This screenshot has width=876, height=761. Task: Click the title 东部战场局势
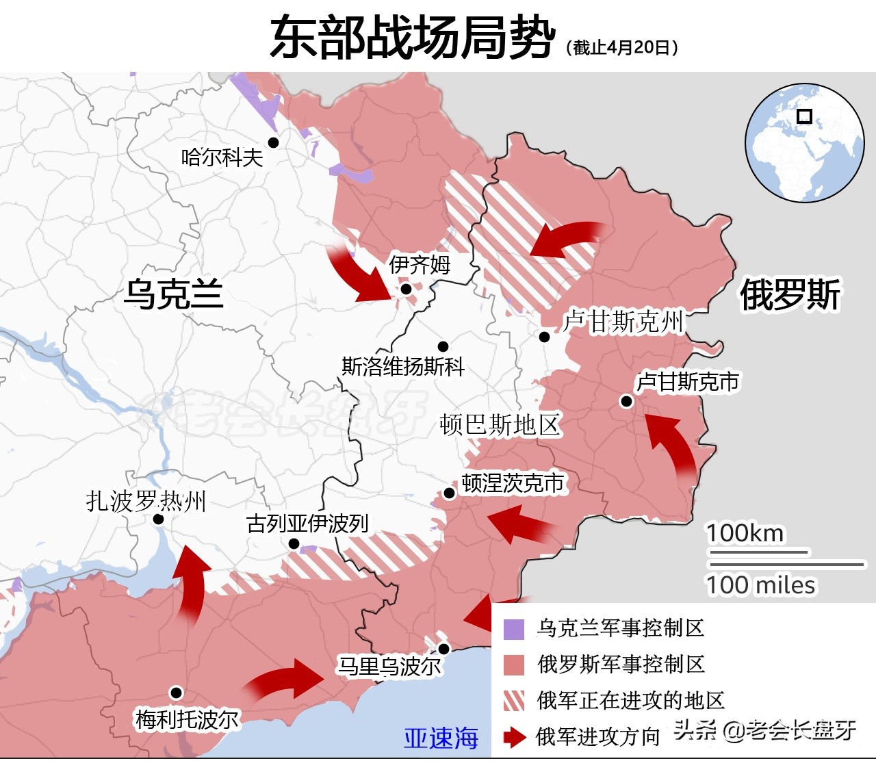pyautogui.click(x=412, y=37)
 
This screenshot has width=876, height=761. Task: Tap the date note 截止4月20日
pyautogui.click(x=622, y=47)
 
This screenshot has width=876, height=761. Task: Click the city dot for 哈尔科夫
pyautogui.click(x=273, y=142)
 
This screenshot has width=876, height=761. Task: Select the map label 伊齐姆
pyautogui.click(x=420, y=264)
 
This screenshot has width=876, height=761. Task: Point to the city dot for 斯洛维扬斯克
pyautogui.click(x=443, y=346)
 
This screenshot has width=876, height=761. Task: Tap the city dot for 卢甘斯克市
pyautogui.click(x=626, y=401)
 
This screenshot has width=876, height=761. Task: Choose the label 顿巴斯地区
pyautogui.click(x=500, y=425)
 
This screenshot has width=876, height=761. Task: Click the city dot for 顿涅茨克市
pyautogui.click(x=450, y=493)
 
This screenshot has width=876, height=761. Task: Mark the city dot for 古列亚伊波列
pyautogui.click(x=294, y=544)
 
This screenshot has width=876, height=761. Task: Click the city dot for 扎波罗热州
pyautogui.click(x=158, y=519)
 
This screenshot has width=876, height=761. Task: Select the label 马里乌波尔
pyautogui.click(x=389, y=666)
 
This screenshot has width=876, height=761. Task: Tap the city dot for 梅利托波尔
pyautogui.click(x=176, y=693)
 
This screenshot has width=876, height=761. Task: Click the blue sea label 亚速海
pyautogui.click(x=441, y=738)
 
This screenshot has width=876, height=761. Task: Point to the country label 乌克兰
pyautogui.click(x=173, y=294)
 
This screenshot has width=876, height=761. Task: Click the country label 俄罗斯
pyautogui.click(x=790, y=295)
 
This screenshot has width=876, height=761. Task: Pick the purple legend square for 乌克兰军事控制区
pyautogui.click(x=513, y=629)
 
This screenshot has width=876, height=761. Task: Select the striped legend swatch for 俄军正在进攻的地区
pyautogui.click(x=513, y=701)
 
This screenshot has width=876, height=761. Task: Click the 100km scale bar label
pyautogui.click(x=745, y=533)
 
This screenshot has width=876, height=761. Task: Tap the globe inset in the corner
pyautogui.click(x=804, y=142)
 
